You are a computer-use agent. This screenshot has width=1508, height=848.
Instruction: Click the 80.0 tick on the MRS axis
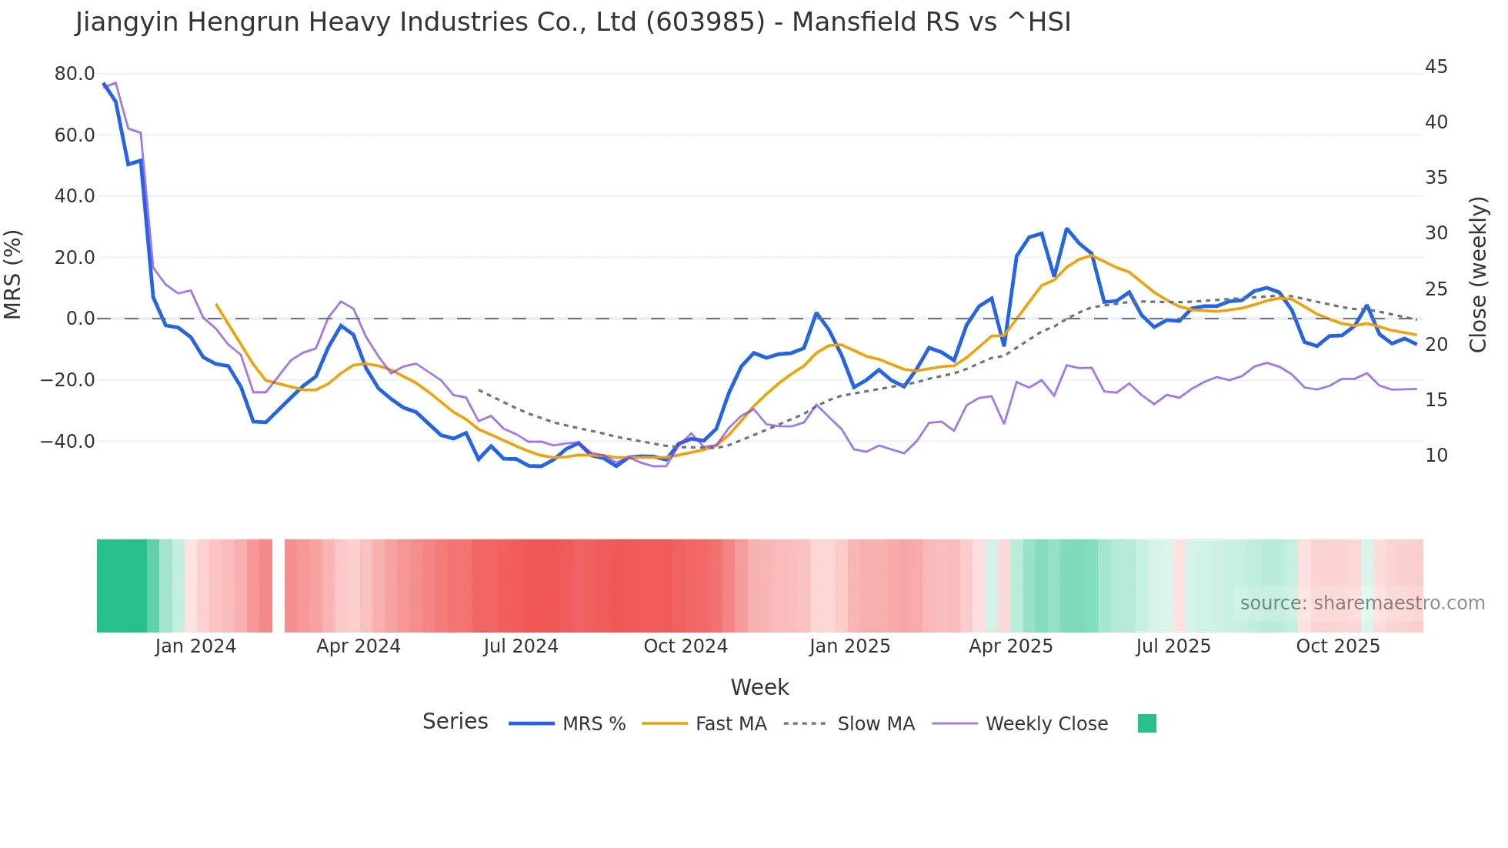click(x=74, y=74)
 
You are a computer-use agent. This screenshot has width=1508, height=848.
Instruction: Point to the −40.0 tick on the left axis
click(x=68, y=442)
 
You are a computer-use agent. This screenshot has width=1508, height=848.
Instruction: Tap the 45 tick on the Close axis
click(x=1436, y=67)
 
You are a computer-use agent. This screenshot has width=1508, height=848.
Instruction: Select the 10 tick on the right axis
click(x=1436, y=456)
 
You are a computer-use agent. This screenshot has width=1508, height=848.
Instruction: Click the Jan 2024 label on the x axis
click(x=195, y=646)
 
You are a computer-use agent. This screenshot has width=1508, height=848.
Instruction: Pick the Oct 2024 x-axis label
click(x=686, y=646)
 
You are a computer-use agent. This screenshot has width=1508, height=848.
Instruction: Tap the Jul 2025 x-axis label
click(x=1173, y=646)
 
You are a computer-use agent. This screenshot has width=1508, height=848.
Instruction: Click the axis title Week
click(x=759, y=687)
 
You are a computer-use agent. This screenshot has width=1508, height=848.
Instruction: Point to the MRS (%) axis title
click(x=13, y=274)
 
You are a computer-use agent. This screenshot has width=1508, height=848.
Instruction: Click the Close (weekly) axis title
click(x=1478, y=274)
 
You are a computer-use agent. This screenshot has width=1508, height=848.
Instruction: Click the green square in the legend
click(x=1146, y=723)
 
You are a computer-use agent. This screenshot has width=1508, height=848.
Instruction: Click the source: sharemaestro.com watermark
click(x=1362, y=603)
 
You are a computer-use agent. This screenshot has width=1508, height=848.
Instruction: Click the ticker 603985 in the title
click(x=706, y=22)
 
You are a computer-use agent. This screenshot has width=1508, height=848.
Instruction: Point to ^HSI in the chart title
click(x=1038, y=22)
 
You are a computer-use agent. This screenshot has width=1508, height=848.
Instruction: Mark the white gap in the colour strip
click(x=279, y=586)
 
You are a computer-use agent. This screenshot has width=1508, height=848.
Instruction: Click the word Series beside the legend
click(x=455, y=722)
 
